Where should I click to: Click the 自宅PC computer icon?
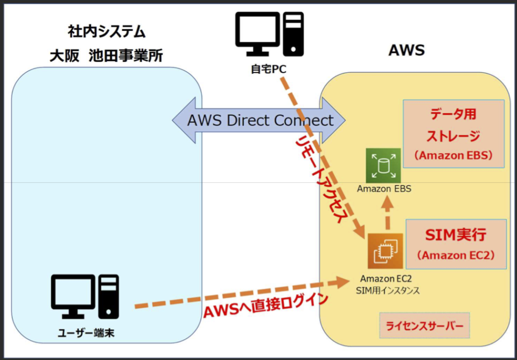269,34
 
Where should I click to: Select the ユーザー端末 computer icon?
85,297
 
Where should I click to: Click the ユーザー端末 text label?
86,334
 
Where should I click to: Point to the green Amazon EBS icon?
383,165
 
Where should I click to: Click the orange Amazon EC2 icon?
385,251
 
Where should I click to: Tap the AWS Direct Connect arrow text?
260,120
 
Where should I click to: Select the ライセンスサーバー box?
424,326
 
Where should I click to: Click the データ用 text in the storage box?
453,114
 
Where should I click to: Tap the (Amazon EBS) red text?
453,155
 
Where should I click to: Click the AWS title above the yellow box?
407,51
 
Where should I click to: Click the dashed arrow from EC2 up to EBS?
386,215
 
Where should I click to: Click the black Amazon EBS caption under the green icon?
384,189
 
